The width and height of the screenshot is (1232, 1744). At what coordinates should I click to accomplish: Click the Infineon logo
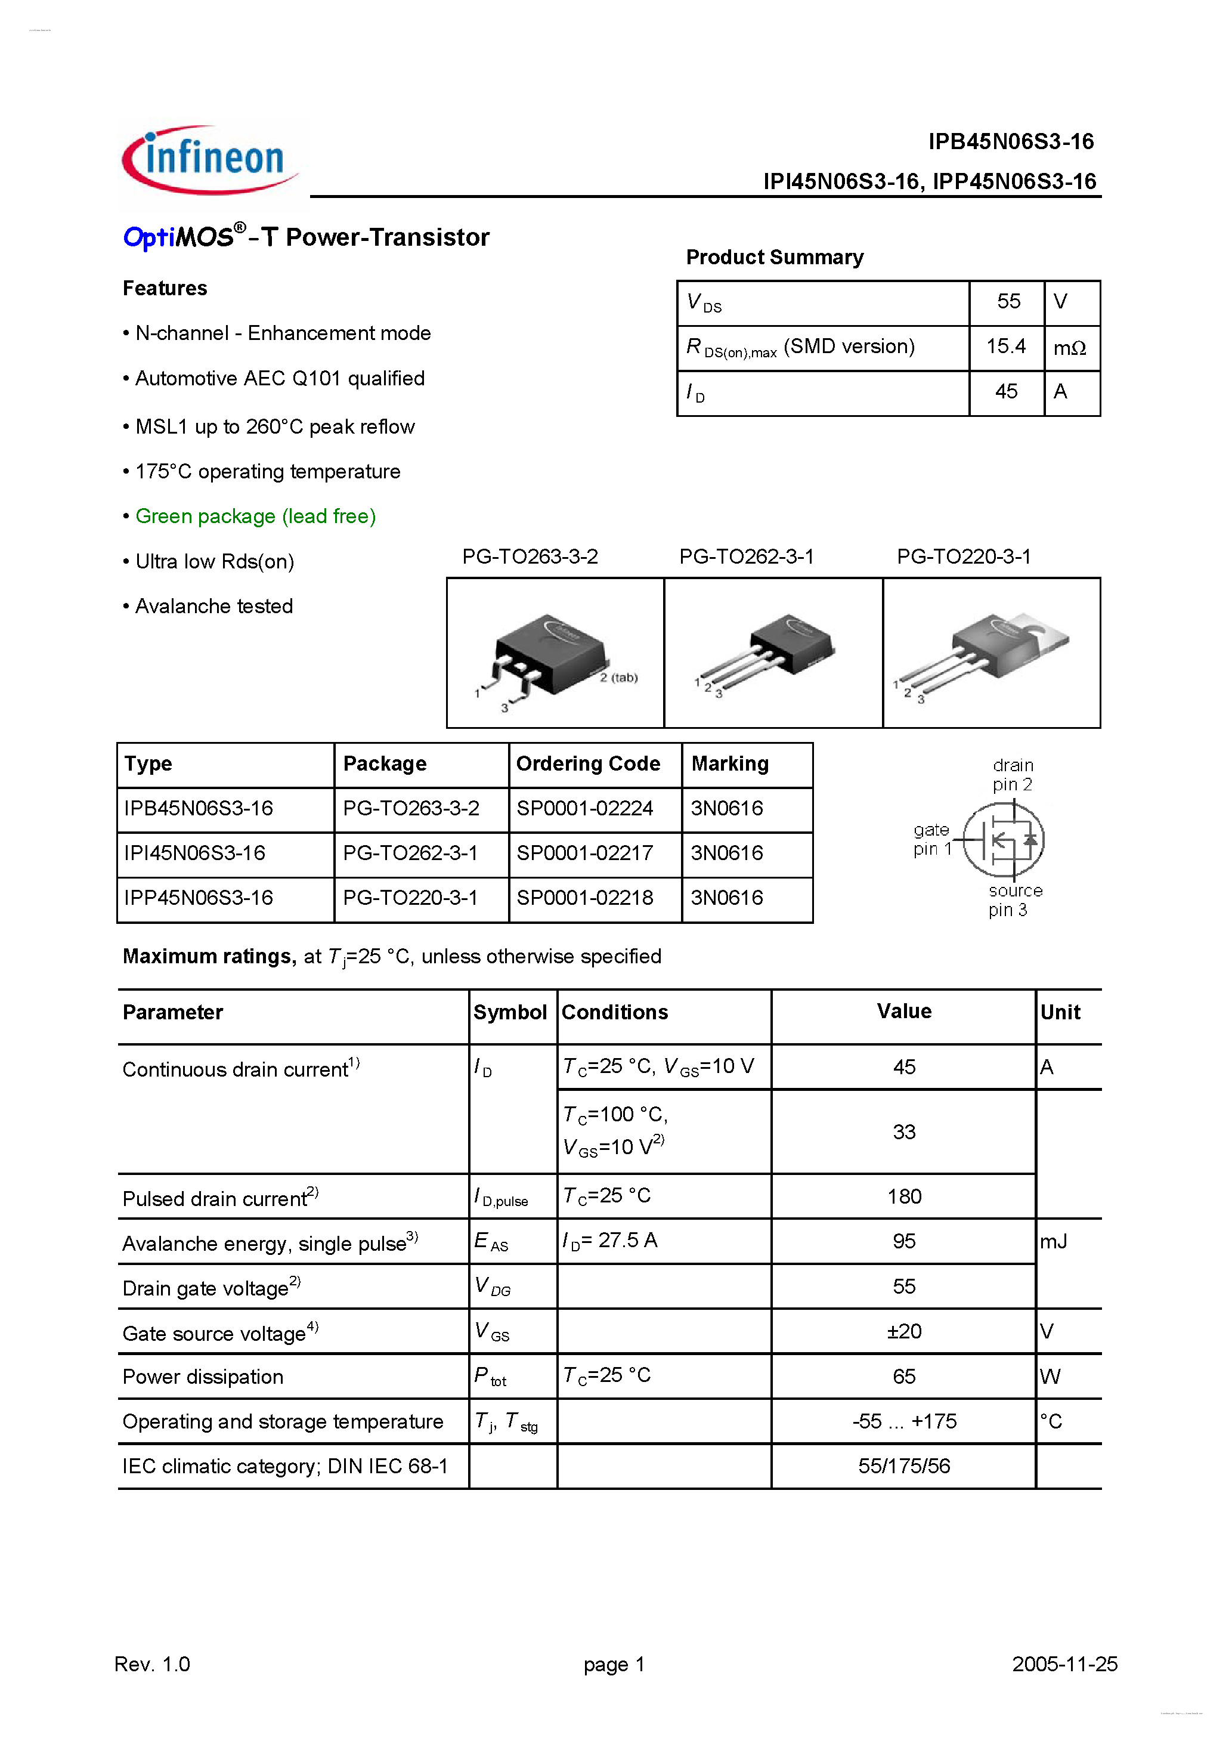click(x=211, y=160)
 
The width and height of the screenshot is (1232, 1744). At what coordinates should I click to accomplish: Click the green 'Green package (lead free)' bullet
click(x=255, y=517)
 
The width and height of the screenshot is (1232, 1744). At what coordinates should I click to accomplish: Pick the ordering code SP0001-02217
click(x=584, y=853)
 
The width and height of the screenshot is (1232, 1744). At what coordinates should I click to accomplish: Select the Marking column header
click(x=729, y=763)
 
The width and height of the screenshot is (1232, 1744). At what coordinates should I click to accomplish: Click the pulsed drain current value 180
click(x=904, y=1196)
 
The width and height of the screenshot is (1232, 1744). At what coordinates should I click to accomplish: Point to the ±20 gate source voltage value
click(x=904, y=1331)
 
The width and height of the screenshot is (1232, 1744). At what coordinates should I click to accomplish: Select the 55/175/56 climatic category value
click(x=904, y=1466)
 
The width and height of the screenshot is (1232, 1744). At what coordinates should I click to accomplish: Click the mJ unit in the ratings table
click(x=1054, y=1241)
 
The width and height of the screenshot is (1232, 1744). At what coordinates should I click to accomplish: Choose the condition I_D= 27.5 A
click(x=609, y=1241)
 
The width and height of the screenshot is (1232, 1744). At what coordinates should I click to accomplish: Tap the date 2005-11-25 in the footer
click(x=1064, y=1664)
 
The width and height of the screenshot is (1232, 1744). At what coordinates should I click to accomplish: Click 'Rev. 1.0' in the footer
click(x=152, y=1664)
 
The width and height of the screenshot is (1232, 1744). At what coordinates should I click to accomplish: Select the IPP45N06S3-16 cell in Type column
click(x=198, y=898)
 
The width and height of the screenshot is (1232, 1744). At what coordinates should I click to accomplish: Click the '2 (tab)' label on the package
click(x=618, y=678)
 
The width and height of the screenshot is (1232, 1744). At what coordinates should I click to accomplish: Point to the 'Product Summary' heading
click(x=774, y=258)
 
